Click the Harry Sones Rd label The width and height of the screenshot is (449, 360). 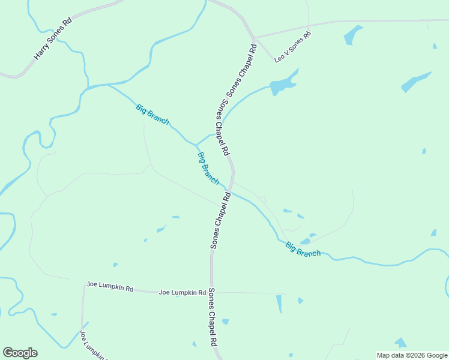click(53, 38)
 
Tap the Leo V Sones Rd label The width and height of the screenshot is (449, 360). click(293, 47)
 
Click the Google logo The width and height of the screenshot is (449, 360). click(20, 353)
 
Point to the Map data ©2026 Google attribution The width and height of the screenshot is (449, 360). click(412, 355)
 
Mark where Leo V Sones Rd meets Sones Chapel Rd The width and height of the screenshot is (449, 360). click(255, 39)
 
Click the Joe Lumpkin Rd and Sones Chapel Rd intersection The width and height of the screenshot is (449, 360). click(211, 292)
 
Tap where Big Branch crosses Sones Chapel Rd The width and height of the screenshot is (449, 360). click(229, 191)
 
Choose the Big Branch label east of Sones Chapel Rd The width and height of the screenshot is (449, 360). click(303, 249)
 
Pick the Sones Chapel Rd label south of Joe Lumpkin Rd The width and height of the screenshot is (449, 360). click(212, 317)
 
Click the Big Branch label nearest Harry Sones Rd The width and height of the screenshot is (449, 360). click(152, 114)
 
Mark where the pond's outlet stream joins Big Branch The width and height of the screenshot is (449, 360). click(196, 145)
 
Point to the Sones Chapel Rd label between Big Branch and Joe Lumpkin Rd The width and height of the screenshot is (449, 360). click(220, 220)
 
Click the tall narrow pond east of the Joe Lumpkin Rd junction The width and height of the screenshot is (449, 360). click(279, 304)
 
